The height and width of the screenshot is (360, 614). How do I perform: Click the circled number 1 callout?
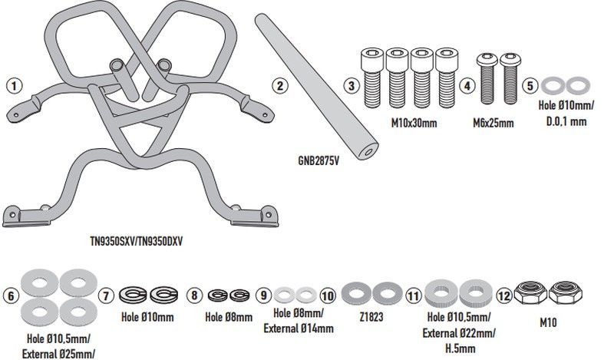pos(13,85)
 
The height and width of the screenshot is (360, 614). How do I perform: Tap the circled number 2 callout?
pos(280,85)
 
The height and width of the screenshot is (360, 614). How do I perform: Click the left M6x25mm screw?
pos(485,79)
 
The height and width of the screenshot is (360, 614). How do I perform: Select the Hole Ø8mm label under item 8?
pos(229,315)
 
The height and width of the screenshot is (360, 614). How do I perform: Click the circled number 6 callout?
pos(10,296)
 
